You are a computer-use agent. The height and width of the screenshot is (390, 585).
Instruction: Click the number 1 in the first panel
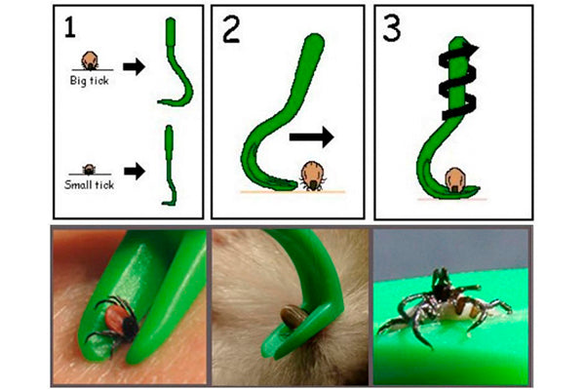(x=70, y=27)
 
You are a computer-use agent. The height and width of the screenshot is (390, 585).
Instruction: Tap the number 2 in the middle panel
(x=231, y=29)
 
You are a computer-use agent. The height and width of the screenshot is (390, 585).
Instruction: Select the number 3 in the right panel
(x=392, y=28)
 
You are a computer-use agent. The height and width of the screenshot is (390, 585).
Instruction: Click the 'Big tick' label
(x=89, y=80)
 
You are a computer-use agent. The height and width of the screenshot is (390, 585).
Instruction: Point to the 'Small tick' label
(x=89, y=184)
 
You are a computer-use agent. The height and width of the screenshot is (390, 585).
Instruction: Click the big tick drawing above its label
(x=90, y=60)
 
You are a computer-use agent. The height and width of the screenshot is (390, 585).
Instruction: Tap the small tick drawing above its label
(x=89, y=170)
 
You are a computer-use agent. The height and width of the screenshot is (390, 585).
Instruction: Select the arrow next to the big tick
(x=134, y=67)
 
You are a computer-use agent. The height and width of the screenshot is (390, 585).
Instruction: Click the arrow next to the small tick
(x=135, y=172)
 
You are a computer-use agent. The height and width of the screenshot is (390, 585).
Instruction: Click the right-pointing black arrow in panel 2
(x=312, y=136)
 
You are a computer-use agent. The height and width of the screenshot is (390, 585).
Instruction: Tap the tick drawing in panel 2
(x=313, y=176)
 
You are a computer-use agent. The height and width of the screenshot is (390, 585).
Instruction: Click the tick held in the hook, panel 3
(x=454, y=179)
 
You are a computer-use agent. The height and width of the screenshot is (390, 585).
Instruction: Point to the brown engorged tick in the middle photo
(x=292, y=317)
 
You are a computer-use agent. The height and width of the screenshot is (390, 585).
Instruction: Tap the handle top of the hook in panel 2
(x=314, y=42)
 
